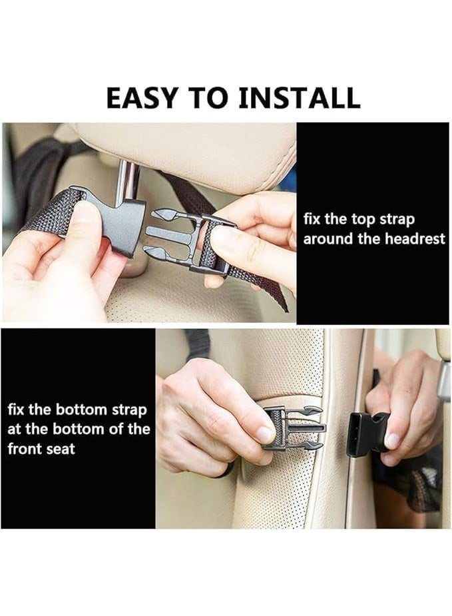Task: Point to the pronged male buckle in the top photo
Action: pyautogui.click(x=188, y=239)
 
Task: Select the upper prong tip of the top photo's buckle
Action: pyautogui.click(x=154, y=214)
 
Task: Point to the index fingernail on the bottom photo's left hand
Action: pyautogui.click(x=265, y=434)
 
